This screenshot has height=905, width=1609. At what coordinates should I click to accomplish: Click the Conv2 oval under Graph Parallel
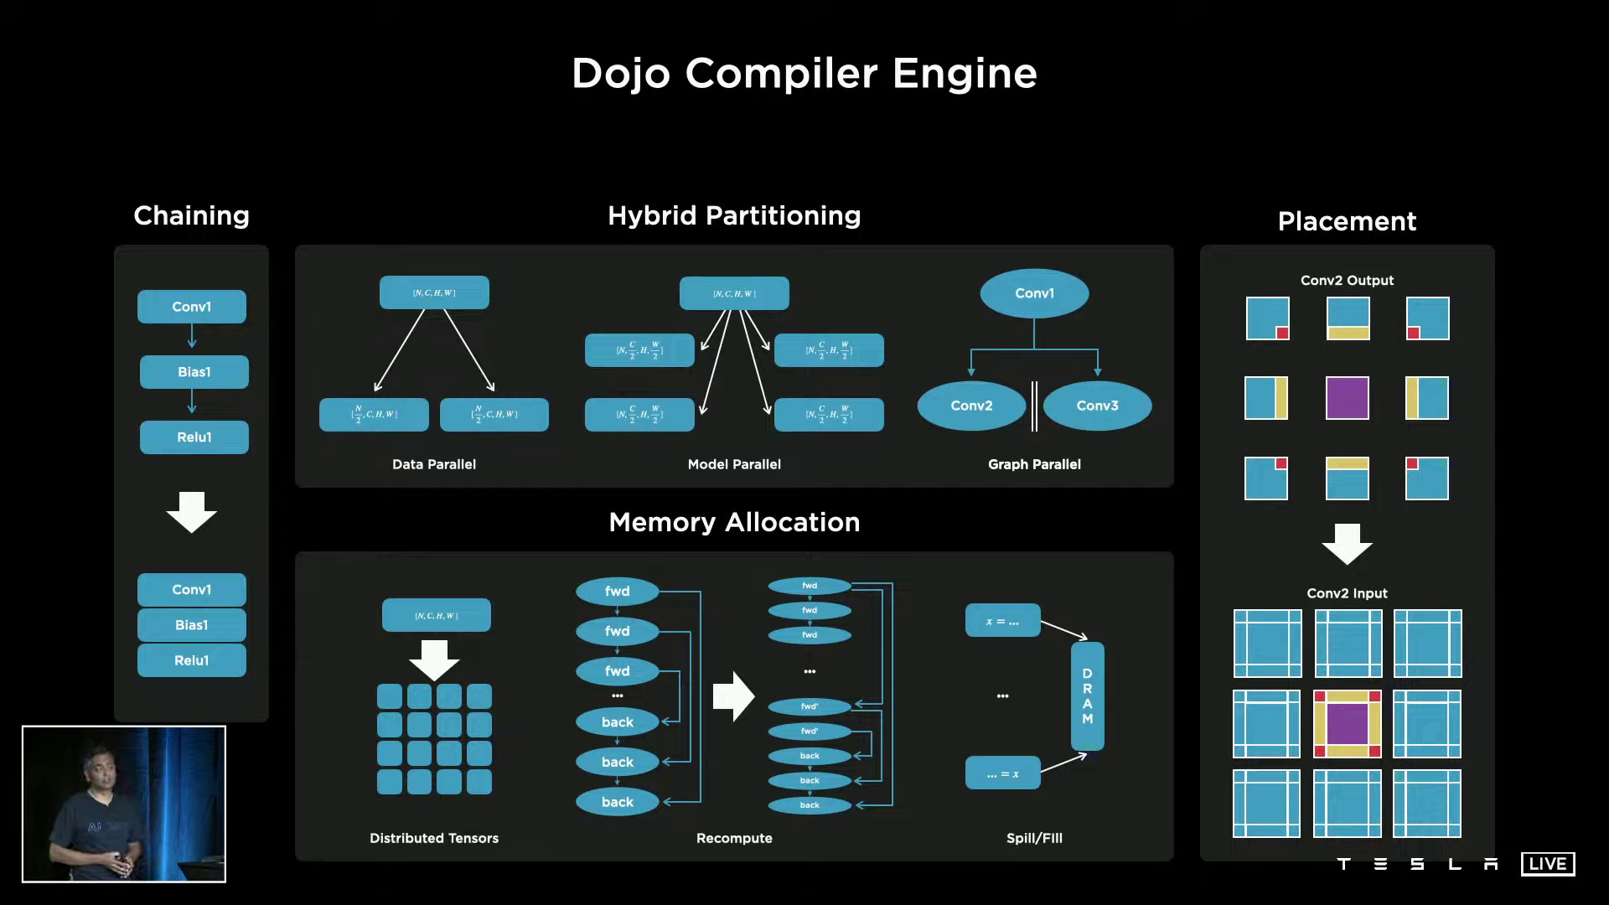(971, 406)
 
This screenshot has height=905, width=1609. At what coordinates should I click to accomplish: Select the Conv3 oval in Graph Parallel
(1097, 406)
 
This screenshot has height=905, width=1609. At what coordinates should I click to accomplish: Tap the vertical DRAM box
(1087, 696)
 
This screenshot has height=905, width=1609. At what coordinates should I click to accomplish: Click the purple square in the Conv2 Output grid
(1347, 398)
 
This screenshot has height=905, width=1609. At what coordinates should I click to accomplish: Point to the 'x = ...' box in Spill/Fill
(1002, 621)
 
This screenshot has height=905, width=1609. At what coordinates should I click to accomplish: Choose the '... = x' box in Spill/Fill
(1002, 773)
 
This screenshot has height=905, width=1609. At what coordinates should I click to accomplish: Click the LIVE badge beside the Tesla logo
(1547, 864)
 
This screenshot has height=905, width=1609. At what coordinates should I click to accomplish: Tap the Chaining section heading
(191, 215)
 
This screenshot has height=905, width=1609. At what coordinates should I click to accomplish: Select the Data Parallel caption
(433, 464)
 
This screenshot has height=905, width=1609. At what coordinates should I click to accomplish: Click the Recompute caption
(734, 838)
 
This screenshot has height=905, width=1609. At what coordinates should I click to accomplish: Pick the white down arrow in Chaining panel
(191, 512)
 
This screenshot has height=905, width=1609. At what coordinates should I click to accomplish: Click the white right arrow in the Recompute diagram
(733, 696)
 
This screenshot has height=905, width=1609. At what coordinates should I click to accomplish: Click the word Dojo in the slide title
(620, 74)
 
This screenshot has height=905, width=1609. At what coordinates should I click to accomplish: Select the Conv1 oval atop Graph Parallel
(1034, 293)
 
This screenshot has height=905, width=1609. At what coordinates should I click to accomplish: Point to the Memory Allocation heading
(734, 522)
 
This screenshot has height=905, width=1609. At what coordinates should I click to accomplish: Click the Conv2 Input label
(1347, 593)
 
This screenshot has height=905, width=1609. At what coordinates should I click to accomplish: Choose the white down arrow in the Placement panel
(1347, 544)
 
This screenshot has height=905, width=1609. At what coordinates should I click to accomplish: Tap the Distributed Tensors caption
(433, 838)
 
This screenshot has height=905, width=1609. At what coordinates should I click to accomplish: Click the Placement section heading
(1347, 221)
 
